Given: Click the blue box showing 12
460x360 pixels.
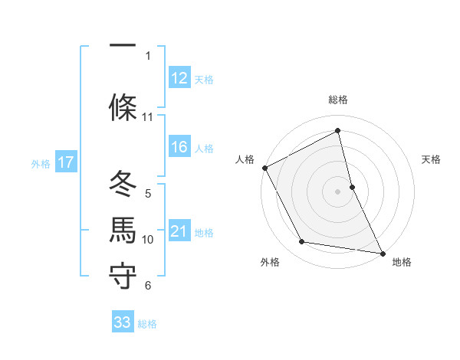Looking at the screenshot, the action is tap(179, 78).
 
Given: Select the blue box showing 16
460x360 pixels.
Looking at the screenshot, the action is tap(179, 148).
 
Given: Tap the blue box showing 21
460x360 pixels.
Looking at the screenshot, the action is tap(179, 231).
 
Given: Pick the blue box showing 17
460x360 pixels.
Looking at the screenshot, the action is tap(66, 162).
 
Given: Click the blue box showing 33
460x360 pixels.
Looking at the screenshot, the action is tap(123, 322).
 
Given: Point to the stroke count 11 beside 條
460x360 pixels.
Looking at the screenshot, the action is tap(147, 117).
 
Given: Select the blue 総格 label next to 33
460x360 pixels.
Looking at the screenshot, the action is tap(148, 324).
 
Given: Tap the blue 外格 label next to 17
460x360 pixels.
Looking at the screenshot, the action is tap(41, 163).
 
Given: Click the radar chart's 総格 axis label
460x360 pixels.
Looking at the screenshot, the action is tap(338, 100).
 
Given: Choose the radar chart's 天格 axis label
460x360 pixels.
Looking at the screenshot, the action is tap(432, 159).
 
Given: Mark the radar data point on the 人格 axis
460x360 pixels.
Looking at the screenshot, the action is tap(264, 167).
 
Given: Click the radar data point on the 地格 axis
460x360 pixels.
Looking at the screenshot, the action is tap(382, 252).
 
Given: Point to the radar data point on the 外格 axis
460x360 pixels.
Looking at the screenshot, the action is tap(302, 242).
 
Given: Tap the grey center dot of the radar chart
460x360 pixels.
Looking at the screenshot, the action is tap(338, 191).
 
